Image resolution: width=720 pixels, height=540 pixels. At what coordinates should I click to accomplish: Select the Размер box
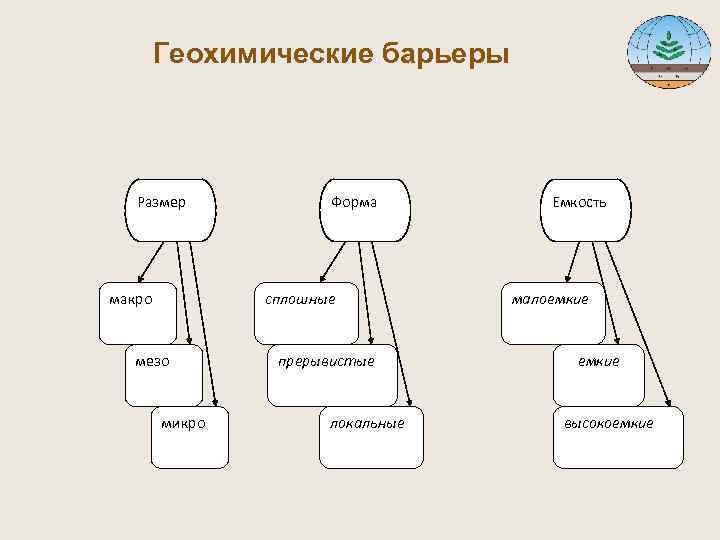(168, 210)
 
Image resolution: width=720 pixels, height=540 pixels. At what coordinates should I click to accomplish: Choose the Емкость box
(586, 210)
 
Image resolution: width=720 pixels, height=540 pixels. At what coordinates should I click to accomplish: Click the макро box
(140, 313)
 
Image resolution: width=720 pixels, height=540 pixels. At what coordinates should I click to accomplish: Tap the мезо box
(163, 374)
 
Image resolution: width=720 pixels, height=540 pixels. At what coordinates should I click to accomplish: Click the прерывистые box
(334, 374)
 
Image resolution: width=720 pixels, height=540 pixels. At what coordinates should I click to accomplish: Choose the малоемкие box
(553, 313)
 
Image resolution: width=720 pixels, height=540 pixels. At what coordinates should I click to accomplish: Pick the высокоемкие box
(618, 436)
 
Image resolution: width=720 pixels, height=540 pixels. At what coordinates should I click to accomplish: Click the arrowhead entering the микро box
(212, 402)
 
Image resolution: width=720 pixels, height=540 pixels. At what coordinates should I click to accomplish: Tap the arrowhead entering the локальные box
(408, 402)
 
